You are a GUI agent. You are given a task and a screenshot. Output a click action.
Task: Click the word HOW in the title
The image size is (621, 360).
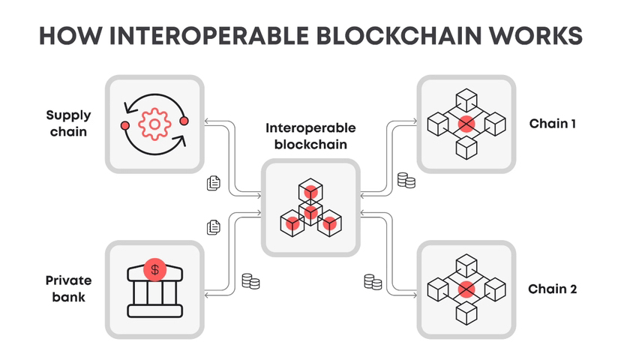68,36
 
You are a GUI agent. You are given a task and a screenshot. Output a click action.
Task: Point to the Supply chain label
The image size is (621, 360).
68,124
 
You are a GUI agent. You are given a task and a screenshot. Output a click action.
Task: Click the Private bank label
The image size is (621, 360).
68,289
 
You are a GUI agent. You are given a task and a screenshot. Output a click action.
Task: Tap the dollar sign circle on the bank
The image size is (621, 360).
155,268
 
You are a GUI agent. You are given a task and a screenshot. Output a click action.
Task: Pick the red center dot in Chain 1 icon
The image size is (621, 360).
466,123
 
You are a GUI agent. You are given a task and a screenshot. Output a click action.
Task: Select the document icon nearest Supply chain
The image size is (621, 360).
213,182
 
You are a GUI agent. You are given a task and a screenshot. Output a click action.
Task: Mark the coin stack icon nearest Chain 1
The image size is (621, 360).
406,181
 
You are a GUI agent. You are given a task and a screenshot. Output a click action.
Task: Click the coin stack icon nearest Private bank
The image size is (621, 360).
250,282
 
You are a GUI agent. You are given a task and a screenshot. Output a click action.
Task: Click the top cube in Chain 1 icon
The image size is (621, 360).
466,99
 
